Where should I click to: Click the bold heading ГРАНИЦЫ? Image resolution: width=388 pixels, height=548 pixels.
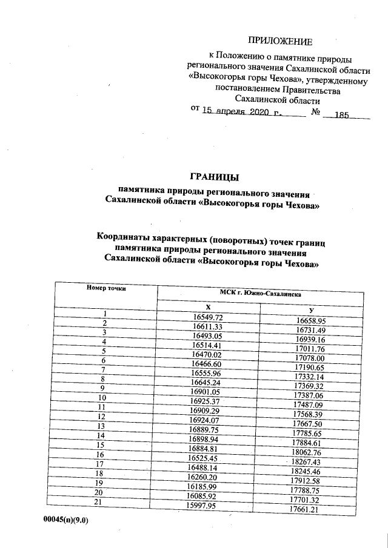coord(215,177)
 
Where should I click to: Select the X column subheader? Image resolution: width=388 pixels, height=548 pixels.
coord(208,308)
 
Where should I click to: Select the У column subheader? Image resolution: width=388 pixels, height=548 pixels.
coord(310,310)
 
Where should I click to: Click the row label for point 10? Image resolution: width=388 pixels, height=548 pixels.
coord(104,399)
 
